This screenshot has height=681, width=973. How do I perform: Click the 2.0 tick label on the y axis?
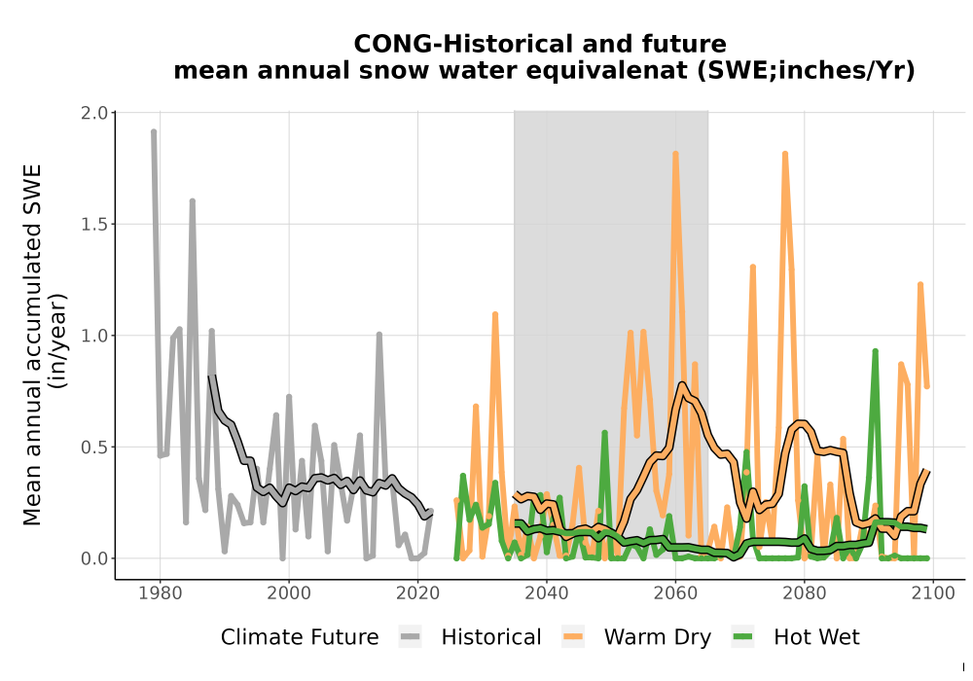click(93, 113)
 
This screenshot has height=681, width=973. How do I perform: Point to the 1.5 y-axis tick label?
click(93, 224)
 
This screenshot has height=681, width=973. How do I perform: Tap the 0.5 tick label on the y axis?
click(93, 448)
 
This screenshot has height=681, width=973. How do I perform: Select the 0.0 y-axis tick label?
click(93, 558)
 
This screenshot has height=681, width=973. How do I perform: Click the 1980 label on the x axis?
click(161, 592)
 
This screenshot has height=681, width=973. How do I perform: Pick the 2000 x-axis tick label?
click(289, 592)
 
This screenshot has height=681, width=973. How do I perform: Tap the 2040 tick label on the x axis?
click(546, 592)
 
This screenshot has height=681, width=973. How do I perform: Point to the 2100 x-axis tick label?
click(933, 592)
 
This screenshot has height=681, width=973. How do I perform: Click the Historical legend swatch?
click(411, 637)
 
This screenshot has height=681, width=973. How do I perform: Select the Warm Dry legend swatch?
click(573, 637)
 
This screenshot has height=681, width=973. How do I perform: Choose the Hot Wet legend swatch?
click(742, 637)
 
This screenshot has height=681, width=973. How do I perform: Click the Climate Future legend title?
click(300, 637)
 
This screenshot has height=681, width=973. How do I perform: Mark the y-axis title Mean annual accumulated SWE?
click(32, 344)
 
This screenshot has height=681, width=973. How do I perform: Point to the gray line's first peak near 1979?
click(154, 131)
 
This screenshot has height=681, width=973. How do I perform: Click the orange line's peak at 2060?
click(675, 153)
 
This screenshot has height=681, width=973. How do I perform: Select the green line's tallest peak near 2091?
click(875, 351)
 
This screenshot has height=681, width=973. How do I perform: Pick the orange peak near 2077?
click(785, 153)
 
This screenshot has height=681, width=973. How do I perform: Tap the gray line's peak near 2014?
click(379, 335)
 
